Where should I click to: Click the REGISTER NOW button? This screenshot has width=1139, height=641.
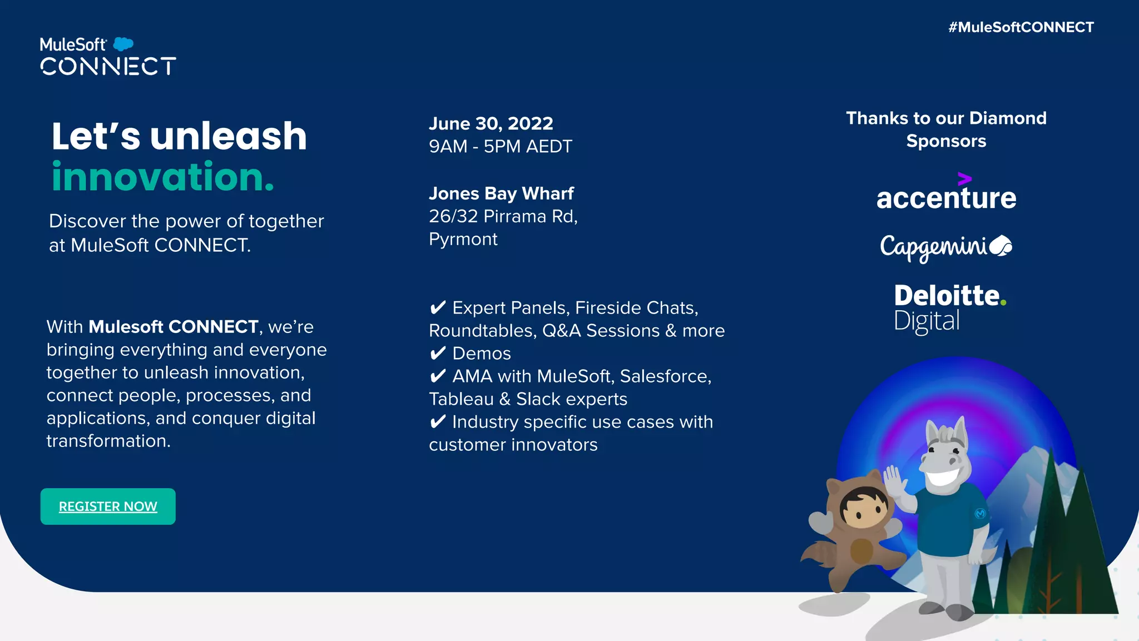pos(108,506)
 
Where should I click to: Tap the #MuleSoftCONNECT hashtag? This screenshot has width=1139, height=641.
pos(1021,27)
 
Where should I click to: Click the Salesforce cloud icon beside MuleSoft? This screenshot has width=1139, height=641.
pos(123,43)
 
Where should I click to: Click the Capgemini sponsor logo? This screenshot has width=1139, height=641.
pos(945,247)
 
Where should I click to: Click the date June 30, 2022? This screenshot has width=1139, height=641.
pos(491,123)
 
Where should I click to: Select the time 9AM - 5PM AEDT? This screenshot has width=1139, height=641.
pos(500,146)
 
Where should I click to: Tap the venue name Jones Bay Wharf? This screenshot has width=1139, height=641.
pos(501,193)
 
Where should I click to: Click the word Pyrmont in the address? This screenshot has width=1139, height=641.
pos(463,239)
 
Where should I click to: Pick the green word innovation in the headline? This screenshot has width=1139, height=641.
pos(162,177)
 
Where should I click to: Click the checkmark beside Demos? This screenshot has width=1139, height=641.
pos(438,353)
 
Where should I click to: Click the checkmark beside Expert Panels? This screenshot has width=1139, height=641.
pos(438,307)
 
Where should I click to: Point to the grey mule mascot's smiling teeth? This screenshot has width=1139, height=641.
pos(945,478)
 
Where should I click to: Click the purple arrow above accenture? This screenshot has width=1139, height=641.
pos(964,178)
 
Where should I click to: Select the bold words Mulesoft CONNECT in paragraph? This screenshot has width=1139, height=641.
pos(174,327)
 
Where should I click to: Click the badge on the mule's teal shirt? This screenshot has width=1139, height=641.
pos(980,514)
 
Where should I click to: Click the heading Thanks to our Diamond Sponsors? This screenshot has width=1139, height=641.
pos(946,130)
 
